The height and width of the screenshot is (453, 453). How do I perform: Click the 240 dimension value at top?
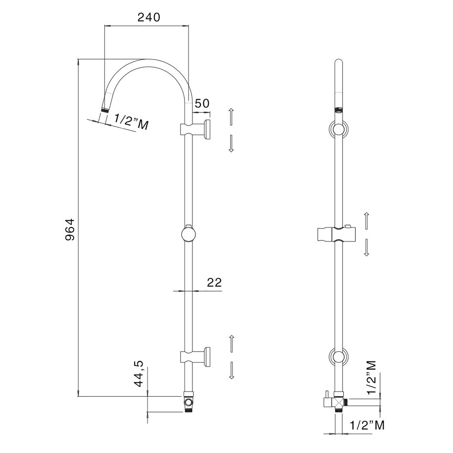(x=149, y=18)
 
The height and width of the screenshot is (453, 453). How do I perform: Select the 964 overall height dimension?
(x=70, y=229)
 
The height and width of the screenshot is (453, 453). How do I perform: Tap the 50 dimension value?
(x=202, y=104)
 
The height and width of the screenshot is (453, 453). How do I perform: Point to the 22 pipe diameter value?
(x=214, y=282)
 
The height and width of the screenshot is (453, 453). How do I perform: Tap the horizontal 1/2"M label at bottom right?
(x=367, y=426)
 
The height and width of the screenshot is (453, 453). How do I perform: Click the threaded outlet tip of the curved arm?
(x=105, y=110)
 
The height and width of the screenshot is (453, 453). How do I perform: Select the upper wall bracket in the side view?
(x=196, y=130)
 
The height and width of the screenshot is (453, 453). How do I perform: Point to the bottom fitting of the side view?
(x=188, y=402)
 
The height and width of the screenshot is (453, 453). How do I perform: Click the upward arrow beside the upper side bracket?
(x=231, y=117)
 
